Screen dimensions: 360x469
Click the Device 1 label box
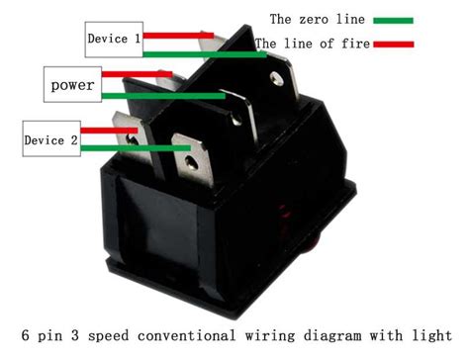coord(114,40)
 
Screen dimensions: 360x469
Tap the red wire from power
coord(148,75)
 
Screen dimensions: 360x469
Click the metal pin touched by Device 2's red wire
coord(130,134)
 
